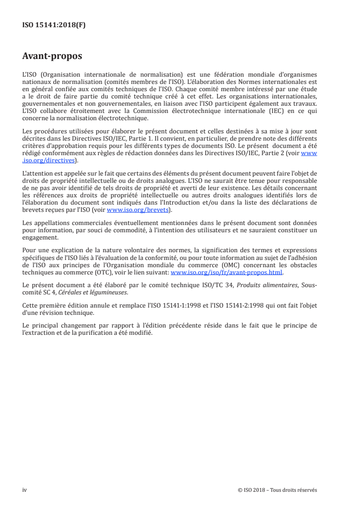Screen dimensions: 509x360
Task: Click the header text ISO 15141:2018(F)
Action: pos(54,25)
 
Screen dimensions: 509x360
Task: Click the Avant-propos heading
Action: pos(52,57)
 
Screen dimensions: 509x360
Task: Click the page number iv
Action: pos(25,490)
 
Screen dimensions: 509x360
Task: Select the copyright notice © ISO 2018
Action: pos(277,490)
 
